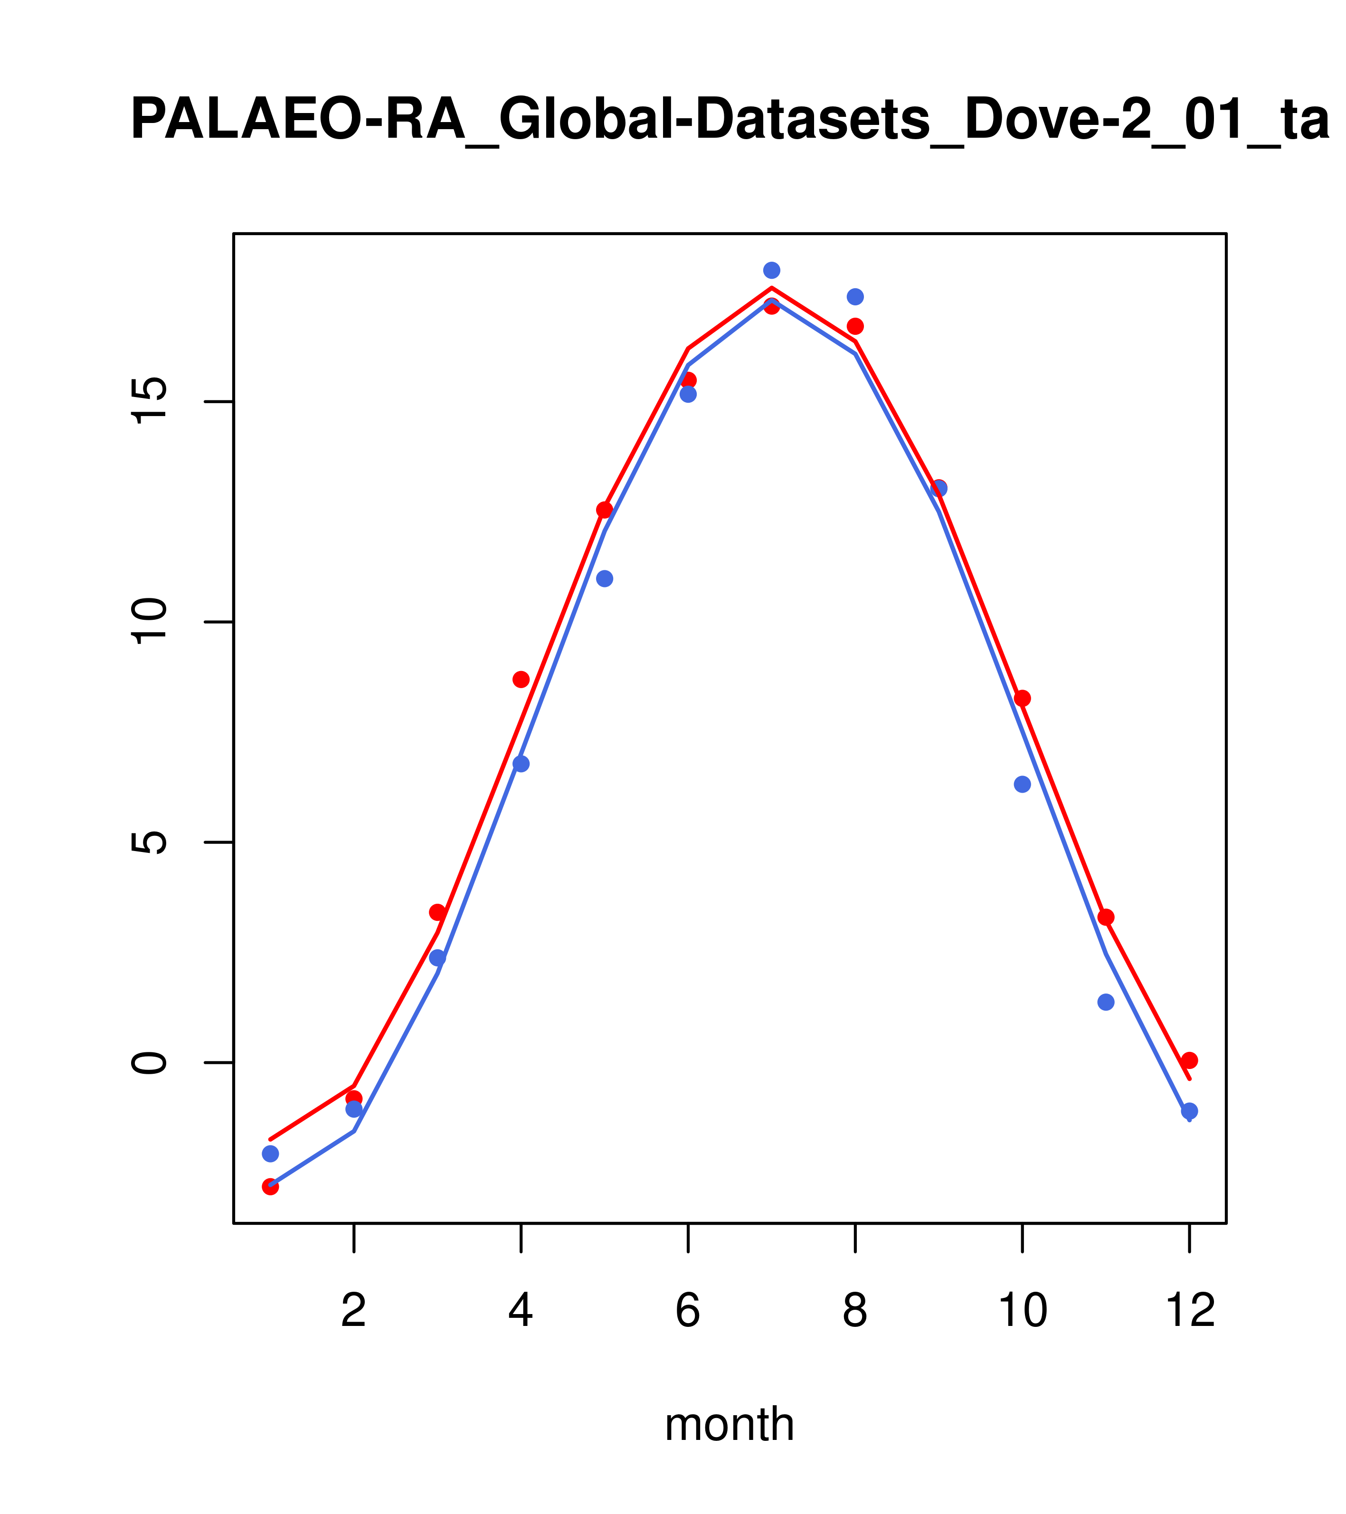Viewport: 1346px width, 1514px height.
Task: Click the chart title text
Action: tap(730, 119)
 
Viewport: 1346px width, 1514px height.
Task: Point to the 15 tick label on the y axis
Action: tap(149, 402)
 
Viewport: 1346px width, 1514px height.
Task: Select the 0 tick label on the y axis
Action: tap(149, 1063)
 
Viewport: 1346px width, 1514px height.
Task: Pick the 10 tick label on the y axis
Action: tap(149, 622)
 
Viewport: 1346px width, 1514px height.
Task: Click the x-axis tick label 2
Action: tap(354, 1311)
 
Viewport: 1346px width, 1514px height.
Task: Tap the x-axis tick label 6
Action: tap(688, 1311)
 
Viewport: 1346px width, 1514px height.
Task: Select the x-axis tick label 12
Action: tap(1190, 1311)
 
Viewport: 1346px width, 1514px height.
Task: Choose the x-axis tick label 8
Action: tap(855, 1311)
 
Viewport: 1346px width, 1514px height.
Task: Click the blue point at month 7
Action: tap(772, 270)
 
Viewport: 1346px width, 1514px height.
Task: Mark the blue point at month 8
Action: tap(855, 297)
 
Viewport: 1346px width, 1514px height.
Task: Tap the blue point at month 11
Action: tap(1106, 1002)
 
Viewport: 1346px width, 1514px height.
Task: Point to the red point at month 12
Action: tap(1190, 1060)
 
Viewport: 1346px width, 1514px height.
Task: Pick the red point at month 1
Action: tap(270, 1187)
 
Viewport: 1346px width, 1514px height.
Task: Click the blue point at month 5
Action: tap(605, 578)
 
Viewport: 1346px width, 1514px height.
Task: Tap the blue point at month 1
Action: tap(270, 1154)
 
